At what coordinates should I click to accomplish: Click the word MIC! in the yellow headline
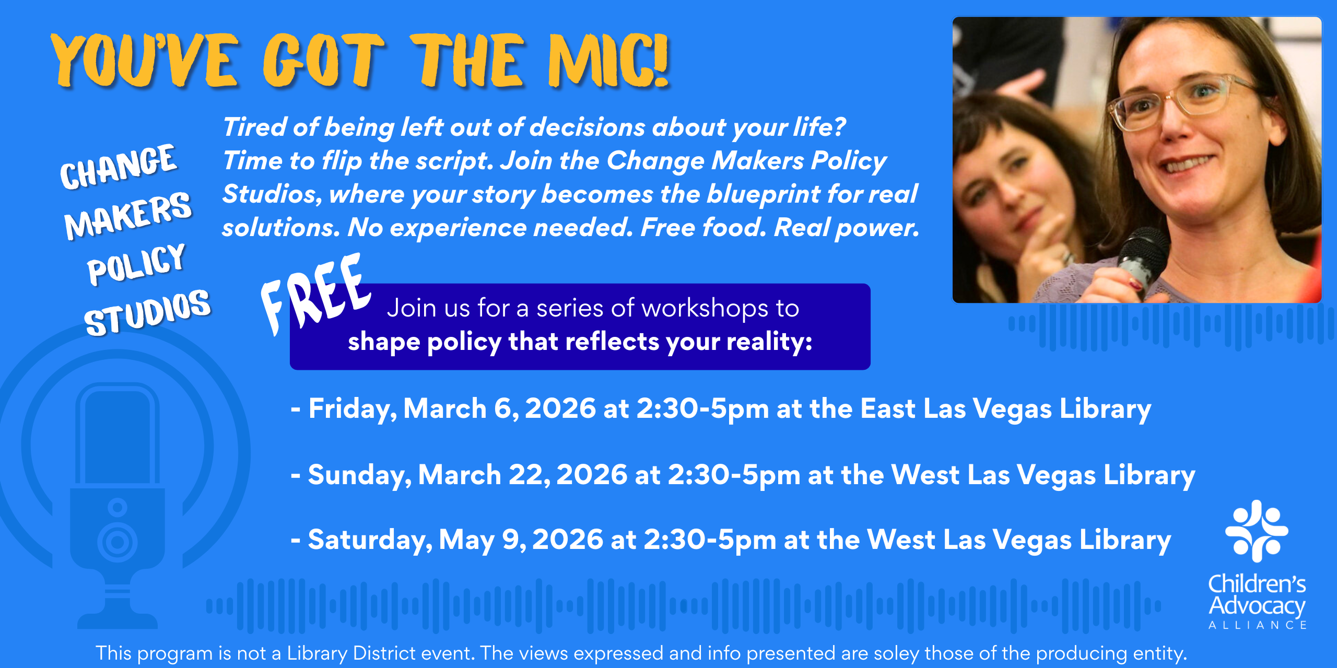[608, 60]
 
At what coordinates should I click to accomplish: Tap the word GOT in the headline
[323, 60]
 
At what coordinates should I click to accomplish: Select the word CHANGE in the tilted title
[119, 166]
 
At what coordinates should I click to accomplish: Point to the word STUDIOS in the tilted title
[147, 312]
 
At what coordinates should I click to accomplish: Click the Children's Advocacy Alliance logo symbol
[1257, 531]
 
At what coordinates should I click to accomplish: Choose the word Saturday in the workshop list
[370, 540]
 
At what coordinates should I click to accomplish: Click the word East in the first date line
[888, 408]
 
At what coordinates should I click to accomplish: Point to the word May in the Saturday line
[466, 541]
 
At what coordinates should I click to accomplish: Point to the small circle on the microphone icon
[118, 507]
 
